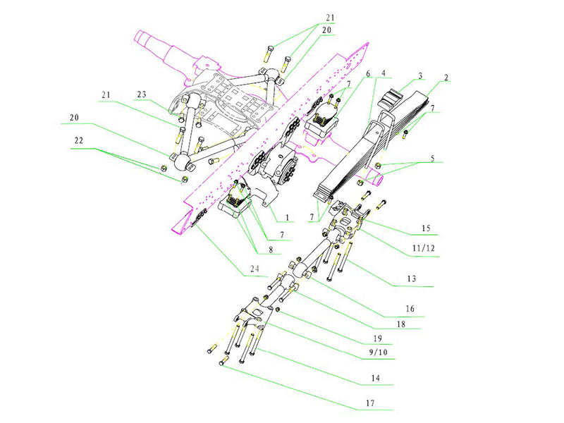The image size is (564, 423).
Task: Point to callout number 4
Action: pos(382,73)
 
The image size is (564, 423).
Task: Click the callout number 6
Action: pos(367,73)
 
